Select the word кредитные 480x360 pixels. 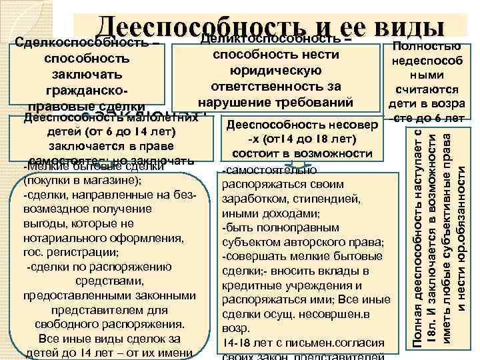point(248,286)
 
